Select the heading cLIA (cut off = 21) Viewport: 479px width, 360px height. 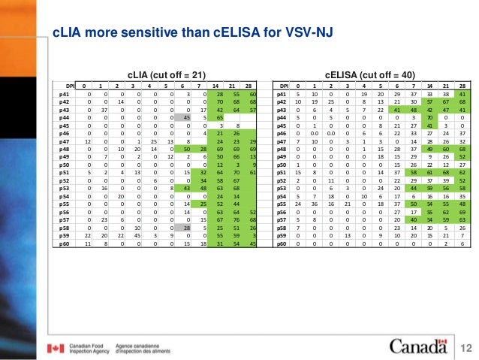[167, 74]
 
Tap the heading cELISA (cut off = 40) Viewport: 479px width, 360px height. [368, 74]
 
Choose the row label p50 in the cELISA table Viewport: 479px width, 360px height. [282, 164]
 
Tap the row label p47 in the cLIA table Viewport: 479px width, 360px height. [65, 141]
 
